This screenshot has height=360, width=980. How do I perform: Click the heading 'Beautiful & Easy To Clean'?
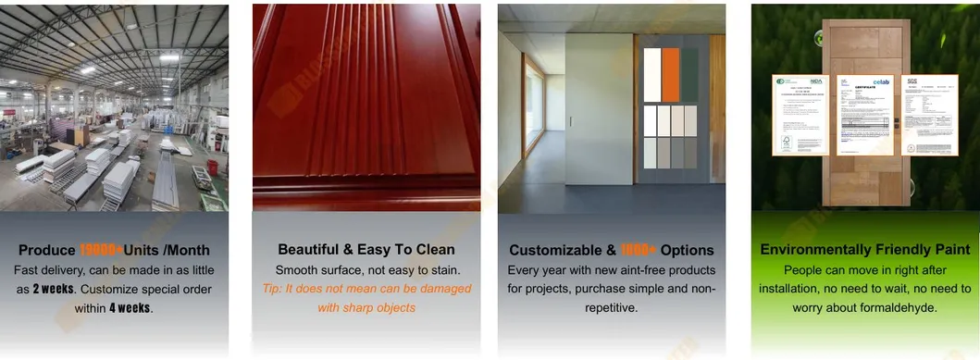[x=366, y=250]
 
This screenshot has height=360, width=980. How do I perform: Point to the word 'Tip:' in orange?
[x=275, y=289]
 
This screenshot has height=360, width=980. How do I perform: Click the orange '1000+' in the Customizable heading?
[x=639, y=250]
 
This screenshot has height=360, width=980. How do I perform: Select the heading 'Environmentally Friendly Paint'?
[x=864, y=250]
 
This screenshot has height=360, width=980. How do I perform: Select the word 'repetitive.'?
[x=611, y=307]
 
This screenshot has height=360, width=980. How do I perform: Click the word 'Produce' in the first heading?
[x=47, y=250]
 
